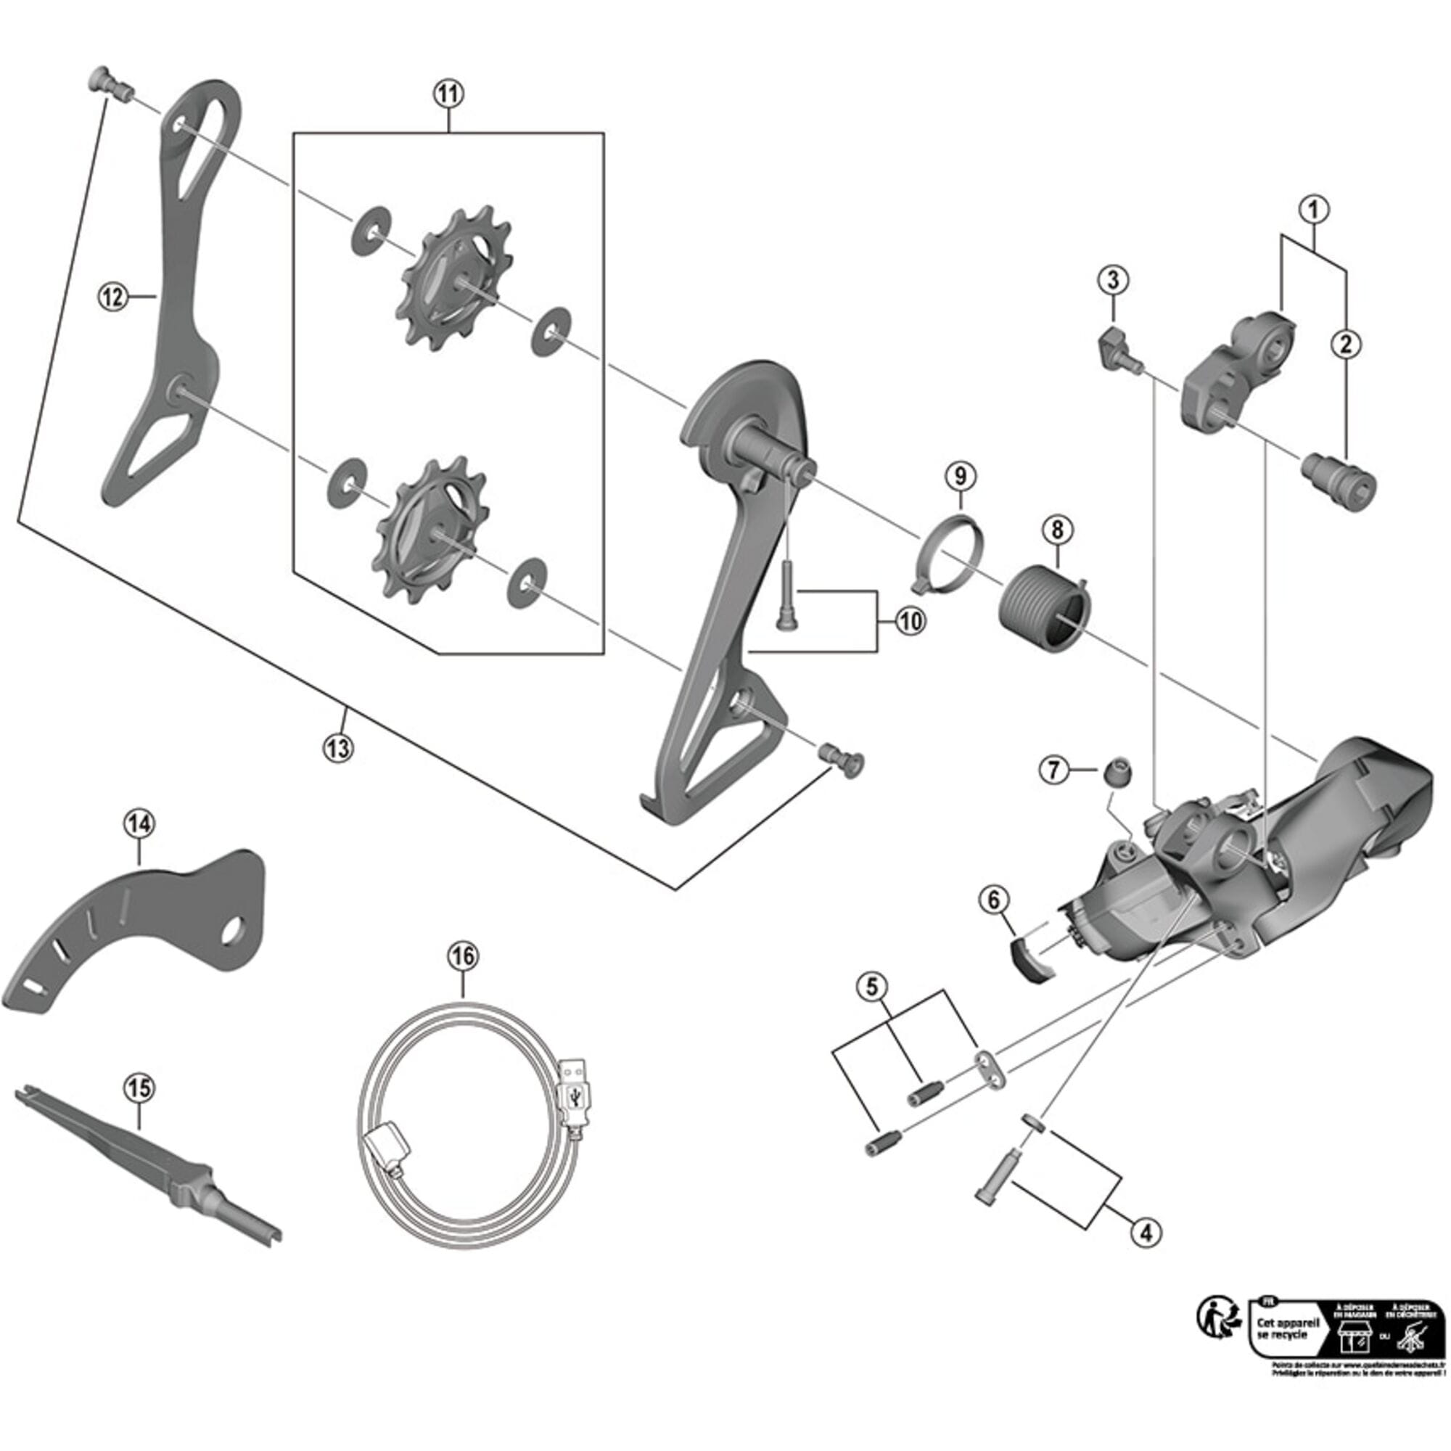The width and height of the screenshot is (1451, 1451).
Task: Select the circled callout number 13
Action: (338, 748)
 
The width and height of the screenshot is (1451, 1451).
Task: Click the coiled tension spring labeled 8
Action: (1044, 609)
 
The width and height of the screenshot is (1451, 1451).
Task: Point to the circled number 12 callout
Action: (112, 297)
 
